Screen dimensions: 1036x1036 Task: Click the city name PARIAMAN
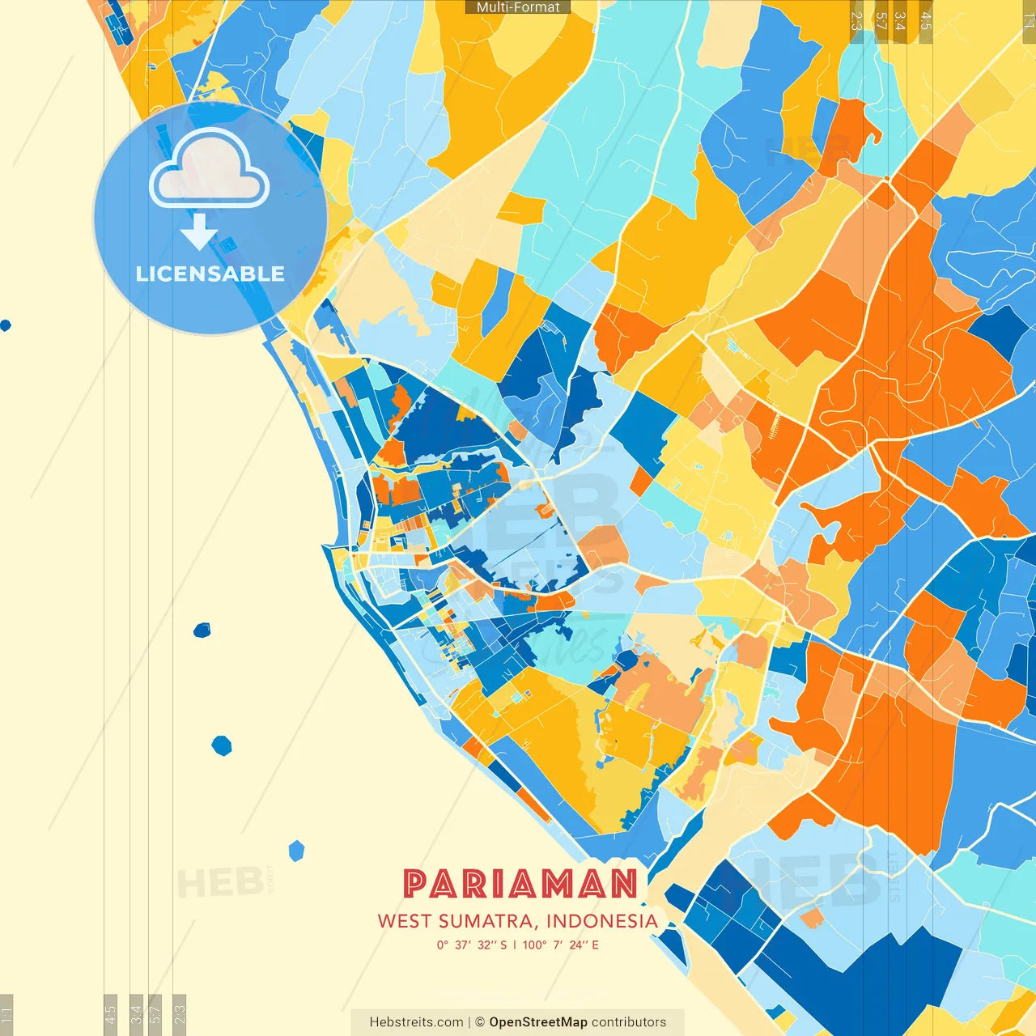520,884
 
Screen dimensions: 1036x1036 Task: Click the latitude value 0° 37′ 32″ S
472,945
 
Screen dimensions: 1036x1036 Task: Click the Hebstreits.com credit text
416,1022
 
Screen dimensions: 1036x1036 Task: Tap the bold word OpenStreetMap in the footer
537,1022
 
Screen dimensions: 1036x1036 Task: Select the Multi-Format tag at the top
518,7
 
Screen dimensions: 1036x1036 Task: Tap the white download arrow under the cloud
199,232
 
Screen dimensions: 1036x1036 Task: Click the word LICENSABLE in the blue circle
210,274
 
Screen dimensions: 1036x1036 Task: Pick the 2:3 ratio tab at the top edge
856,20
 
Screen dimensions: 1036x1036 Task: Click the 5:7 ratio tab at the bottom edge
155,1013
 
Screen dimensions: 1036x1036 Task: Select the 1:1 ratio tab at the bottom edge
6,1013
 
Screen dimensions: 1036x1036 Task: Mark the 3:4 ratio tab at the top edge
900,20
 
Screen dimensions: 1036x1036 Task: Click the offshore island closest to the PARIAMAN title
297,851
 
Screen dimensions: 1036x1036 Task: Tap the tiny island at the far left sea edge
6,325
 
